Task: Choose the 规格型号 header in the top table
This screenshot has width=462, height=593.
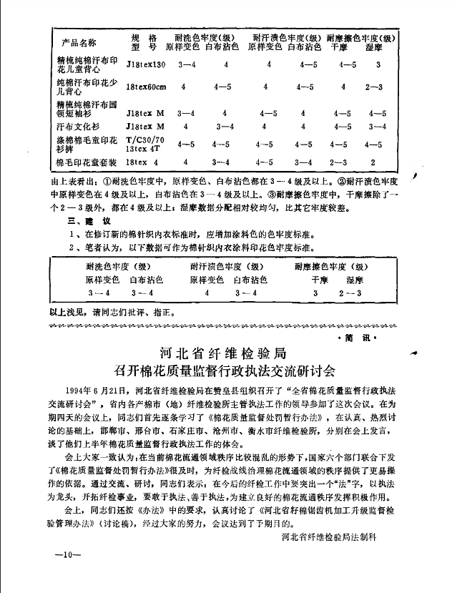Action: pyautogui.click(x=143, y=41)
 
